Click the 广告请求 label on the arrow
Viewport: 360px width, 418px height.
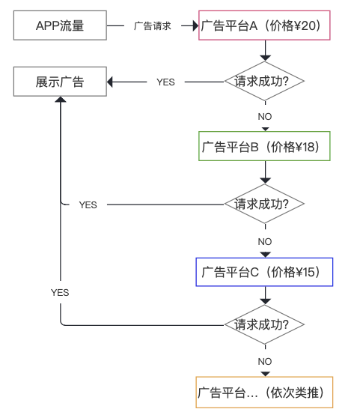point(153,26)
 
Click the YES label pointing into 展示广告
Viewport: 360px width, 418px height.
point(165,82)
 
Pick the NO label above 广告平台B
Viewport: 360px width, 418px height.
point(265,117)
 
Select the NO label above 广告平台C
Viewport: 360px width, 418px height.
point(265,242)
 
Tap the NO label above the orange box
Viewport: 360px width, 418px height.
point(265,362)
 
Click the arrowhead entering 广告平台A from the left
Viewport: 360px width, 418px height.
point(195,26)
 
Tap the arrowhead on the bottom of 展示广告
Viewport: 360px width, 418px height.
point(61,99)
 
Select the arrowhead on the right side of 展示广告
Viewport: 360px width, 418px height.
point(110,82)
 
